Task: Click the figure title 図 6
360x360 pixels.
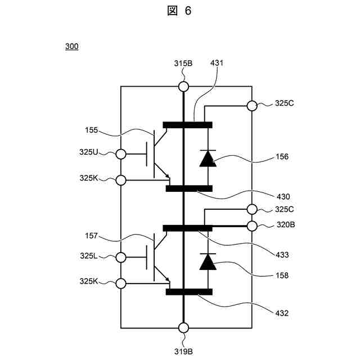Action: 179,11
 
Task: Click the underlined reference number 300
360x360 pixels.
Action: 72,46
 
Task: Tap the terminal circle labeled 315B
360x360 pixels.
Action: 183,87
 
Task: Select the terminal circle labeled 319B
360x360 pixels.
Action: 183,328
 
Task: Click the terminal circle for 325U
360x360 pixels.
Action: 121,154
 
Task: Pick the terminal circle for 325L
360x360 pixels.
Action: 121,258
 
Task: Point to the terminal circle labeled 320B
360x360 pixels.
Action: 252,226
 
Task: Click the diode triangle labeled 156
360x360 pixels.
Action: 208,159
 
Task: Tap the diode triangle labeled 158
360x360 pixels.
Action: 208,262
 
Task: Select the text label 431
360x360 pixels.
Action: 217,63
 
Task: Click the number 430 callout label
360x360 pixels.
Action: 283,197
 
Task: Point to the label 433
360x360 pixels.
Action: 282,255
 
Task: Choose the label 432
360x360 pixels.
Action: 282,313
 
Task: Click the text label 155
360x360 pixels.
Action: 91,130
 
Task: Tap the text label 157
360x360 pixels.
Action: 91,236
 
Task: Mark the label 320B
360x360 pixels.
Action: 286,225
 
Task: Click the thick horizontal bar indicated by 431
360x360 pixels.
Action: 187,125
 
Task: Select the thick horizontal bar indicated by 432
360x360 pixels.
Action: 189,292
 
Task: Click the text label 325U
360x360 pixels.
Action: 89,152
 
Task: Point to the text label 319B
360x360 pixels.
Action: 183,352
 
